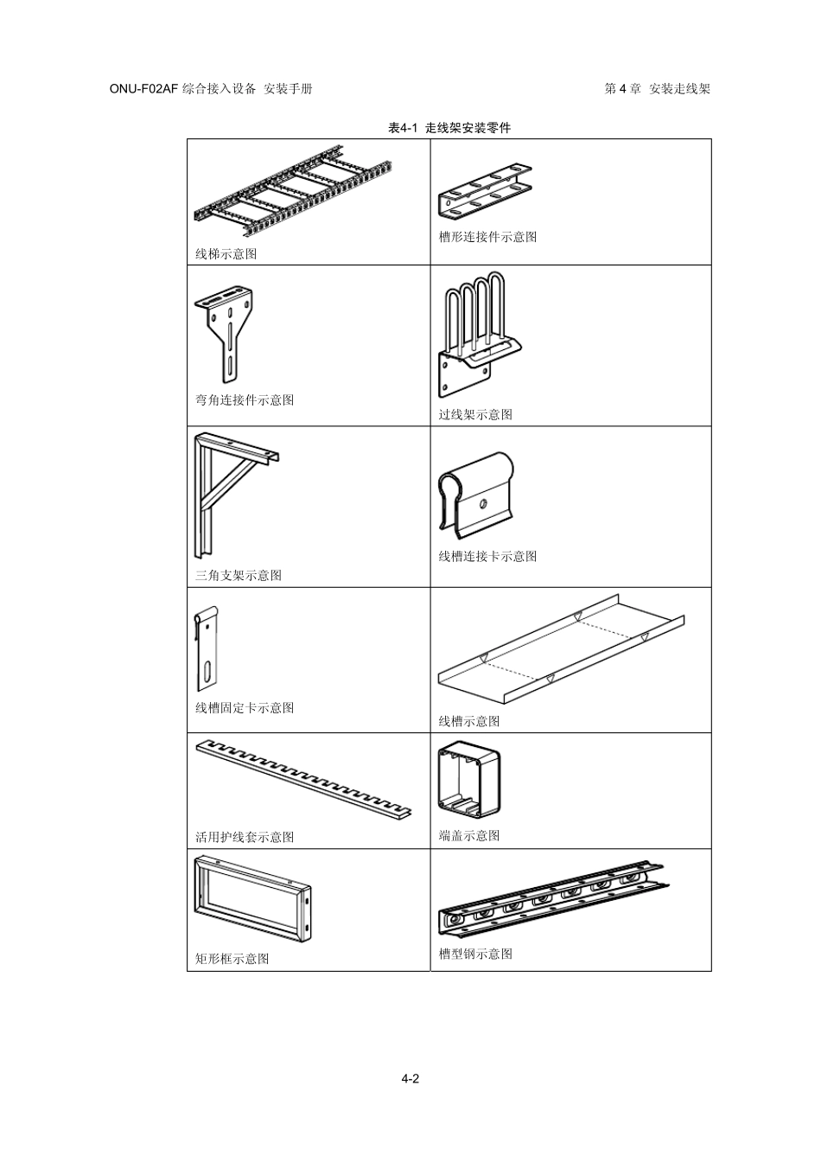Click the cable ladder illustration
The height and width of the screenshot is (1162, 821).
tap(292, 196)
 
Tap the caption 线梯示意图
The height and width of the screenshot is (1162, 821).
tap(226, 253)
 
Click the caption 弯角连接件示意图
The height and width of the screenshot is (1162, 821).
tap(245, 399)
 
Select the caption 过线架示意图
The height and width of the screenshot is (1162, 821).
tap(475, 414)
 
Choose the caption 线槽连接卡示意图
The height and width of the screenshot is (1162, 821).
tap(487, 556)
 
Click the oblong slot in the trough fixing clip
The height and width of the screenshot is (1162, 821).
tap(208, 671)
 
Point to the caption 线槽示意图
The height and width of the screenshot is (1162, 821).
tap(469, 721)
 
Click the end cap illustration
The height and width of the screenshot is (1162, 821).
tap(469, 778)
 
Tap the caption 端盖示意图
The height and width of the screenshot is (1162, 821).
tap(469, 835)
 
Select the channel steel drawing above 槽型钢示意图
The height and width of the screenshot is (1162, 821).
tap(553, 899)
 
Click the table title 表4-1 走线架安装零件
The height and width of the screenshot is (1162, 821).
tap(449, 128)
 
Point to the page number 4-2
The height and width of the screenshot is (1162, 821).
tap(410, 1078)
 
